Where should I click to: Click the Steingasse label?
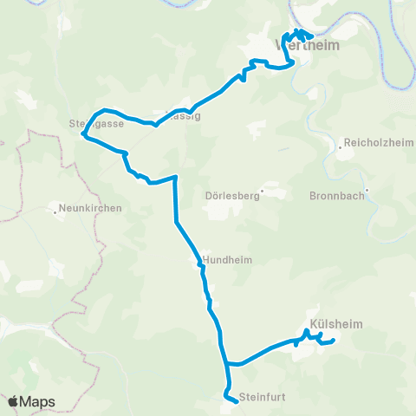96,124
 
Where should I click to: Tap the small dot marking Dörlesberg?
262,192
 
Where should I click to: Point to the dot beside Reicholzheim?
341,146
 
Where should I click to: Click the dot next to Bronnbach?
367,191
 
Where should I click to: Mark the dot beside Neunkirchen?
55,208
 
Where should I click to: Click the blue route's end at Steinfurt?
237,401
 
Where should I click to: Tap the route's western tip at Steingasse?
82,133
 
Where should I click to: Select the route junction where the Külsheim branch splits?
226,363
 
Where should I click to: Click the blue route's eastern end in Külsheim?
333,340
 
